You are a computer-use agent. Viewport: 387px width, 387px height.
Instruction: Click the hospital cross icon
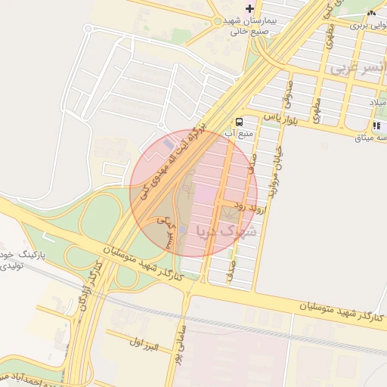pyautogui.click(x=250, y=8)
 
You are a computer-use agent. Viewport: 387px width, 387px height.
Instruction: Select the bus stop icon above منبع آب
pyautogui.click(x=240, y=122)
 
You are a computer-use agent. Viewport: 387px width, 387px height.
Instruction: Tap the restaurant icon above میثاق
pyautogui.click(x=376, y=126)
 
